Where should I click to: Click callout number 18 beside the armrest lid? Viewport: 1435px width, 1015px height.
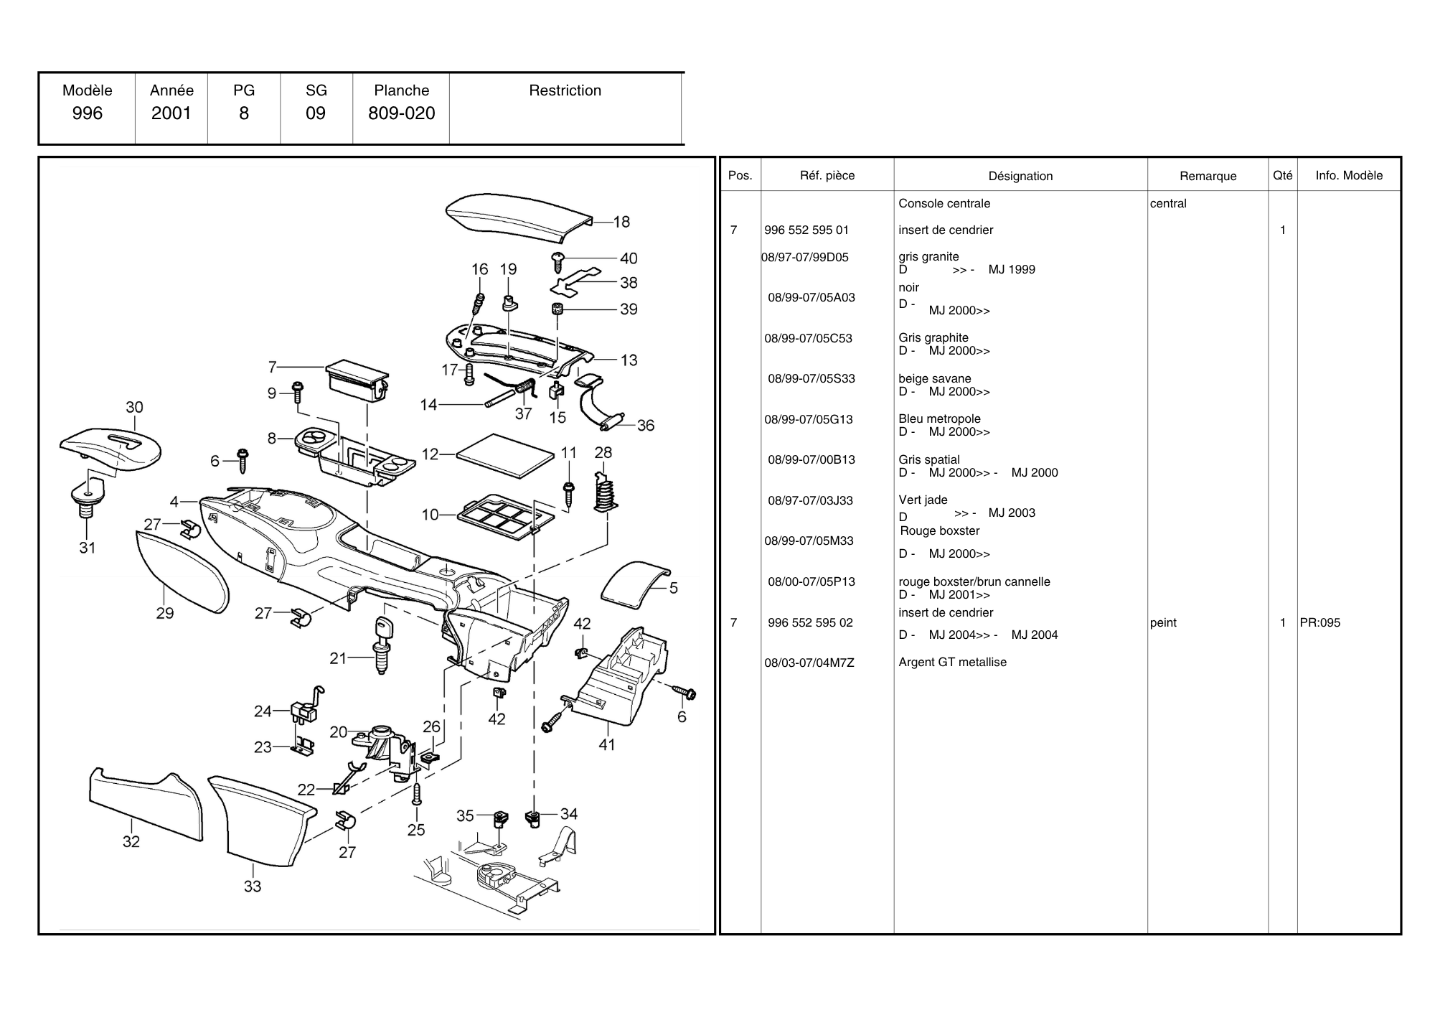pos(621,222)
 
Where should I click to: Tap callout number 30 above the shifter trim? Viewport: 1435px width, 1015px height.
pos(134,407)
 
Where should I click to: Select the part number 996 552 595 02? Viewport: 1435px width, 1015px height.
pos(810,622)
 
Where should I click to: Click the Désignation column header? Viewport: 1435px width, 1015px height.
pos(1020,176)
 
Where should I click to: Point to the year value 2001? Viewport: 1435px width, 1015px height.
pos(171,113)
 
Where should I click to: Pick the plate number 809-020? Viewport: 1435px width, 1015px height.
pos(401,113)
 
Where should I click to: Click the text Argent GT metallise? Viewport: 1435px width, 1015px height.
pos(952,662)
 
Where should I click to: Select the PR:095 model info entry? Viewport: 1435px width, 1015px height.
pos(1319,622)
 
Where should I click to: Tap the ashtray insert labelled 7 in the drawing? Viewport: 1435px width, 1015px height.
pos(357,380)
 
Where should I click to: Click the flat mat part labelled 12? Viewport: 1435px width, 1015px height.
pos(505,455)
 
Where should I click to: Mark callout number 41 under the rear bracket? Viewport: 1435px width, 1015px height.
pos(607,744)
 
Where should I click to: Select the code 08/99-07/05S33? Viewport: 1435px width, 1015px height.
pos(811,378)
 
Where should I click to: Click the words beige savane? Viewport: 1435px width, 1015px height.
pos(934,378)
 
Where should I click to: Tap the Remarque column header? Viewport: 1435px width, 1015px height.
pos(1208,176)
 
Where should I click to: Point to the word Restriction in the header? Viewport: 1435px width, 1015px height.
pos(565,90)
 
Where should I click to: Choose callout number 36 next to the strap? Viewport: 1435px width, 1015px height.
pos(645,425)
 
